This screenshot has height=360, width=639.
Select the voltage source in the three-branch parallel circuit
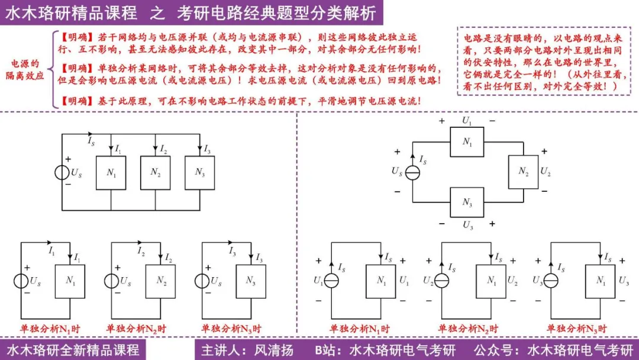point(62,172)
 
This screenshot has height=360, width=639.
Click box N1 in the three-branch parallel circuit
point(111,173)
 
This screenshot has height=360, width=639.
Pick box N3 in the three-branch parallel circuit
point(199,172)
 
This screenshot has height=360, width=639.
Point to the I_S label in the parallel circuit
point(91,142)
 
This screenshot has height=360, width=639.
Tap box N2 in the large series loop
point(523,172)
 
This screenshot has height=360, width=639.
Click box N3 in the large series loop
point(467,202)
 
